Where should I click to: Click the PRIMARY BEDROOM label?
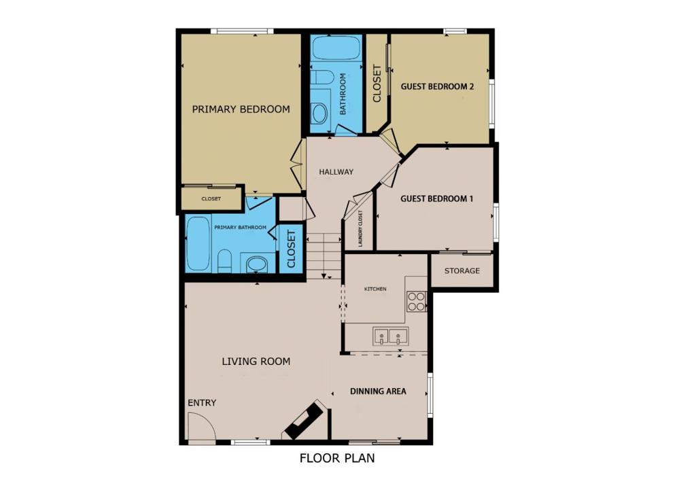tap(241, 109)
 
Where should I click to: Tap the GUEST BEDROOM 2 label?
tap(437, 86)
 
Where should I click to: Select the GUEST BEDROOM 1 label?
tap(437, 198)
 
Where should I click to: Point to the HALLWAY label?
tap(336, 172)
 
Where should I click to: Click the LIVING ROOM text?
tap(256, 362)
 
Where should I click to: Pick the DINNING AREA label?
tap(378, 391)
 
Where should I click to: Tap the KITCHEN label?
tap(375, 289)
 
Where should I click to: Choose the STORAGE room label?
tap(462, 270)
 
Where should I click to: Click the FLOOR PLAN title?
tap(337, 458)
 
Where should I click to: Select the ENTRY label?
tap(202, 403)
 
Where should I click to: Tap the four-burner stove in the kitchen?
tap(417, 301)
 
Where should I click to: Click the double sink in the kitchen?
tap(391, 336)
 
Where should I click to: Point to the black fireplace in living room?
tap(304, 420)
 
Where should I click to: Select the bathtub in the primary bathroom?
tap(198, 243)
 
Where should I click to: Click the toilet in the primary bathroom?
tap(225, 261)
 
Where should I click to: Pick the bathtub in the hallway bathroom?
tap(336, 48)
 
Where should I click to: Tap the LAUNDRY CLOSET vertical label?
tap(360, 228)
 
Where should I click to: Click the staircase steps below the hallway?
tap(324, 256)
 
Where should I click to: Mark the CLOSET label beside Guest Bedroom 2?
tap(377, 84)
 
